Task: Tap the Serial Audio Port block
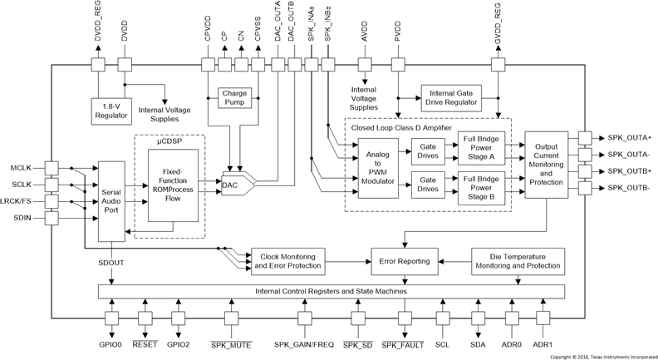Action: click(x=115, y=200)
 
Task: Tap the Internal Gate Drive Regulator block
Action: click(x=454, y=96)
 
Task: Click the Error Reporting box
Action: click(x=405, y=261)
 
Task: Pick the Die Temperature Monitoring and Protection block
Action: click(x=518, y=261)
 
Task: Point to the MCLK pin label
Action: click(x=22, y=167)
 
